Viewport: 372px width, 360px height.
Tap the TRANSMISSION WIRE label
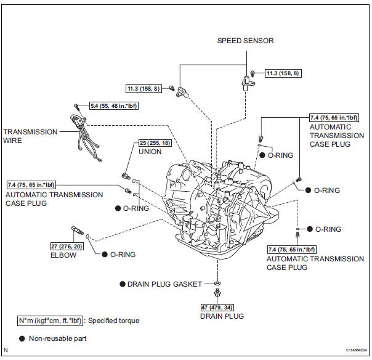pos(30,136)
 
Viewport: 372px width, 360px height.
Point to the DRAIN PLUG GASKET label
pos(164,284)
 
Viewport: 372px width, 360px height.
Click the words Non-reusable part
pos(62,338)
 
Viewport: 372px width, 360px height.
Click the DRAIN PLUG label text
pos(222,316)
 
